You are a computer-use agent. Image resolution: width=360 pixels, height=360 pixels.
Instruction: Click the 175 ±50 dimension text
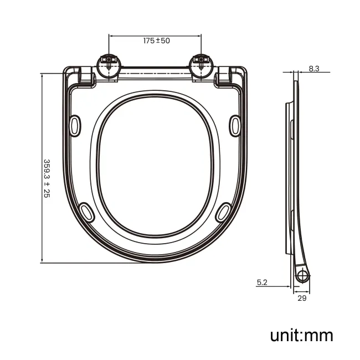157,41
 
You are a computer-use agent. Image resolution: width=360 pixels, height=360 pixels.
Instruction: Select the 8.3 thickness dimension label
314,69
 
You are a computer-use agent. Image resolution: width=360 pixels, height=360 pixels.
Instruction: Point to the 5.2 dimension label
262,282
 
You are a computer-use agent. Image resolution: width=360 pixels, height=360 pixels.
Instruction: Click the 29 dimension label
302,298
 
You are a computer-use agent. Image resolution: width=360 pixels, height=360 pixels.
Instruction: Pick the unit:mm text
301,335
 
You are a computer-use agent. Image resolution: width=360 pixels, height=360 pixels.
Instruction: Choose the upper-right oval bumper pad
235,124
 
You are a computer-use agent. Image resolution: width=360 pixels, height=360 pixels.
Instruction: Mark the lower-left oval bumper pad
86,212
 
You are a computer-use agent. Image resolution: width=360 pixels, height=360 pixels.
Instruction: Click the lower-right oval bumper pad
224,212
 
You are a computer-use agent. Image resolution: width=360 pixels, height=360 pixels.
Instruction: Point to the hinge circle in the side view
302,276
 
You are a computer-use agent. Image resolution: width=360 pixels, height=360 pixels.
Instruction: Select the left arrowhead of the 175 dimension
111,36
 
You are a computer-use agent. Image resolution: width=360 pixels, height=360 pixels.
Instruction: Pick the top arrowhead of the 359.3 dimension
43,75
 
